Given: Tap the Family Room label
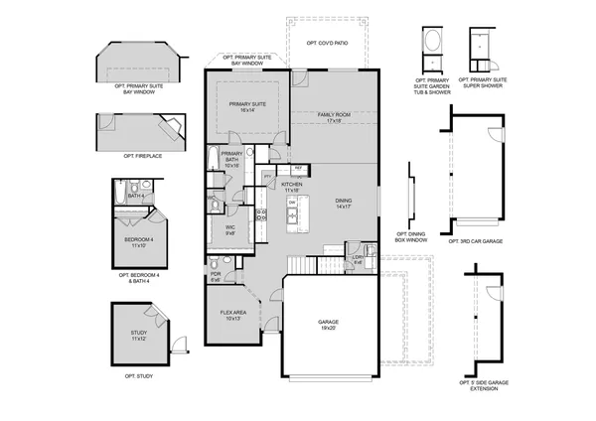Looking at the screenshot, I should point(334,118).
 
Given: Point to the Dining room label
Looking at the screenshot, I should point(342,205).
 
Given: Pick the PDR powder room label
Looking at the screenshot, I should point(216,278).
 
